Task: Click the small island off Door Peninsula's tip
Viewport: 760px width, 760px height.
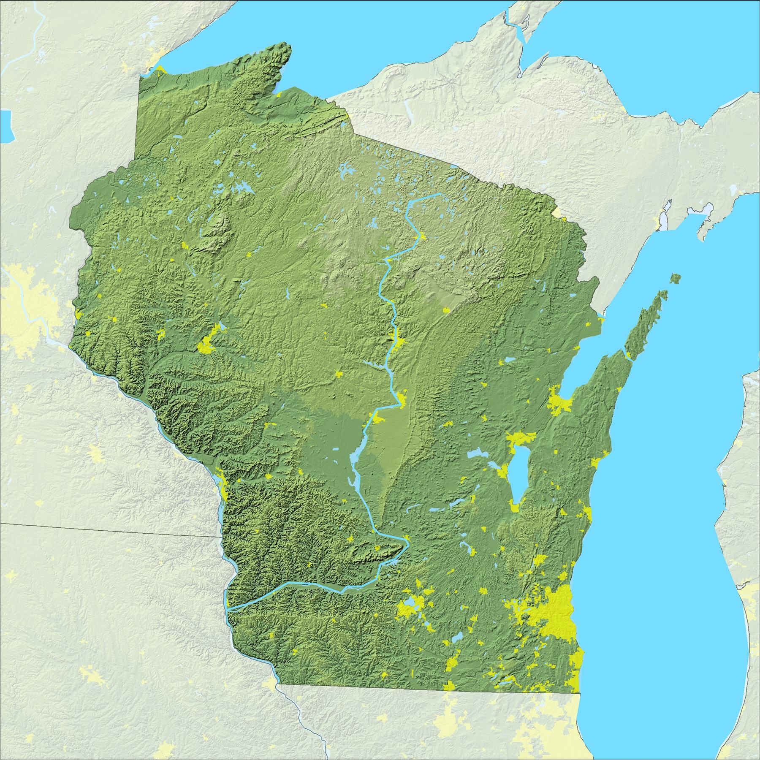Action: coord(677,278)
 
